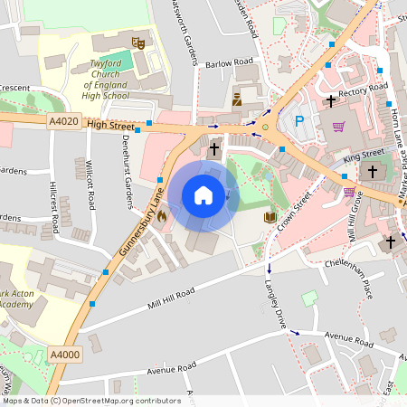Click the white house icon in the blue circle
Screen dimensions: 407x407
(x=203, y=194)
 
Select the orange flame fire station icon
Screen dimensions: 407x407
(x=162, y=215)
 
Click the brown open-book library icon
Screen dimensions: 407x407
(x=269, y=217)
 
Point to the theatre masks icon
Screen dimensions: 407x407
(x=137, y=42)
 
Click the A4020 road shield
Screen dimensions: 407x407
(x=64, y=121)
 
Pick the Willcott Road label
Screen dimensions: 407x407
(x=90, y=184)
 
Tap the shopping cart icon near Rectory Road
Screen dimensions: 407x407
(x=338, y=126)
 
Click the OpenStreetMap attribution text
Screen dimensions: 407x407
(x=79, y=400)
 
